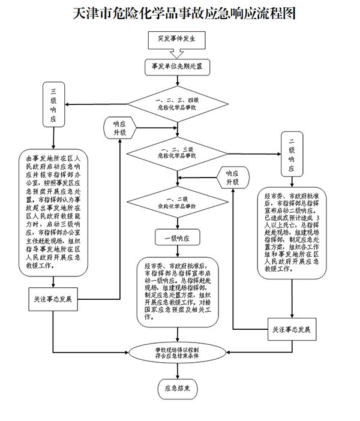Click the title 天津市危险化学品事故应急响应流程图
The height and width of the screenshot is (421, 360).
179,14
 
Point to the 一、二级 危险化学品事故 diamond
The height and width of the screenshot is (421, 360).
176,202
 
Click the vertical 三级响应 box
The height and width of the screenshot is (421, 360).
55,105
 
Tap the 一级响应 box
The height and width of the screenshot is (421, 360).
176,237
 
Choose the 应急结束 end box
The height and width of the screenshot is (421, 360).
176,389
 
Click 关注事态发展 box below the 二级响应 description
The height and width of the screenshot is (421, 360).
291,329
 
